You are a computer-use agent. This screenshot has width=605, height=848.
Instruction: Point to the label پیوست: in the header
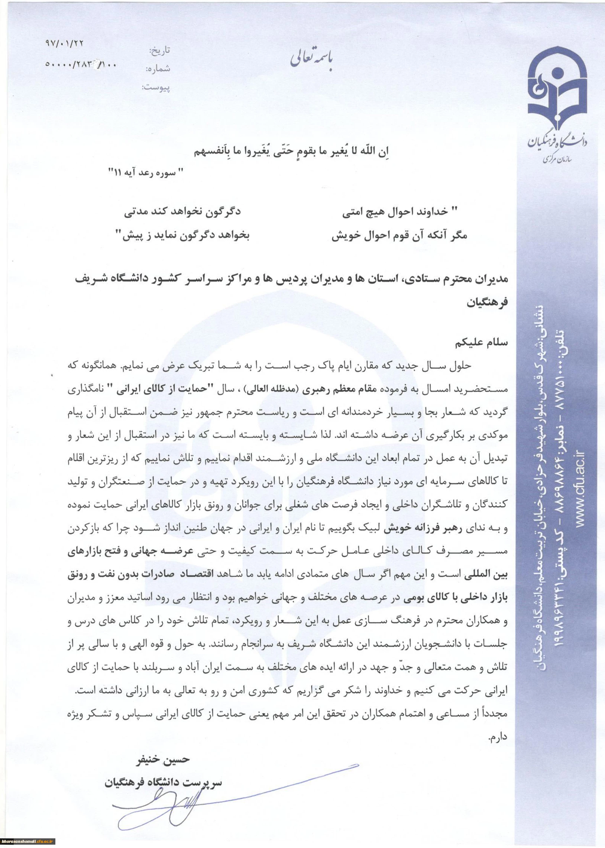coord(155,88)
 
